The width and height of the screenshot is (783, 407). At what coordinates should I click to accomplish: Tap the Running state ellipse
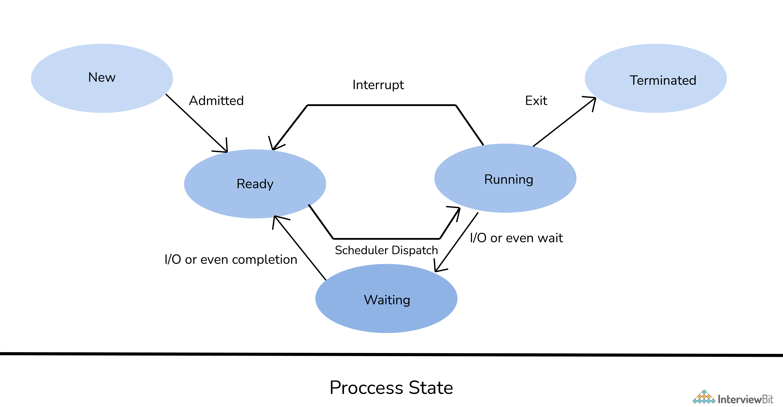[505, 178]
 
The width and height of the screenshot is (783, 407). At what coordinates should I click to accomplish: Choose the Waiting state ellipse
[386, 298]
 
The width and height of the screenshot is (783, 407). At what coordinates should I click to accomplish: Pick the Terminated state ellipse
[656, 78]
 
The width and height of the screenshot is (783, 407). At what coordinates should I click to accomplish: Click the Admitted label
[216, 101]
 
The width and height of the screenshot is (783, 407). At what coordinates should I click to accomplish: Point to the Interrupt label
[378, 85]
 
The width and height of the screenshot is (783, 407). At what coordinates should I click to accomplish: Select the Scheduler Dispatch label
[386, 250]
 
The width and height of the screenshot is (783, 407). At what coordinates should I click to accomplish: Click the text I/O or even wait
[516, 238]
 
